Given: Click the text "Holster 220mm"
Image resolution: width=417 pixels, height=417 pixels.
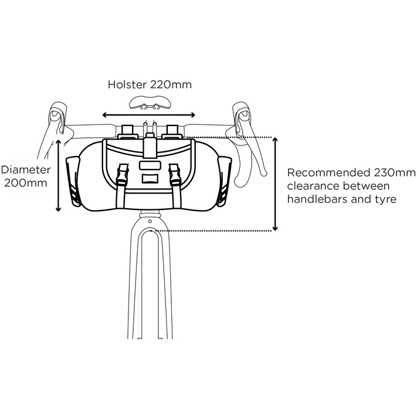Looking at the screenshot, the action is click(x=150, y=84).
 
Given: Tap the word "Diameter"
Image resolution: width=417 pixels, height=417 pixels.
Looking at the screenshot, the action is click(x=26, y=169).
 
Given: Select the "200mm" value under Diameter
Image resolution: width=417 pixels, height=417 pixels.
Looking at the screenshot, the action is click(x=26, y=183).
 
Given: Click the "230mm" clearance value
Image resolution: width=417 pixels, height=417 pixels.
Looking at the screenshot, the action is click(x=394, y=173).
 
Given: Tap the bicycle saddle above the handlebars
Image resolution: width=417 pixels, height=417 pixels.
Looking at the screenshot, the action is click(x=150, y=103).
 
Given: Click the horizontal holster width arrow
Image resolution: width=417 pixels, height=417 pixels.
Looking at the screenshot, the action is click(x=149, y=115).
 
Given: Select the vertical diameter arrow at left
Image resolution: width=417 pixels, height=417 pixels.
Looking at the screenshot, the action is click(x=59, y=175).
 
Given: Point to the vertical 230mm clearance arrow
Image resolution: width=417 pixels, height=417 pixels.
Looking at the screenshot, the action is click(x=275, y=184).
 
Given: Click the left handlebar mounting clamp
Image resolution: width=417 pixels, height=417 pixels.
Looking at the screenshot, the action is click(x=127, y=131).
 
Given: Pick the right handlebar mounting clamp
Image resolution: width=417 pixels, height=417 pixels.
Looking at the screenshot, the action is click(x=172, y=131).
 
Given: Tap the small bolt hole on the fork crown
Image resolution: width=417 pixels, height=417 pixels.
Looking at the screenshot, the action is click(x=150, y=221).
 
